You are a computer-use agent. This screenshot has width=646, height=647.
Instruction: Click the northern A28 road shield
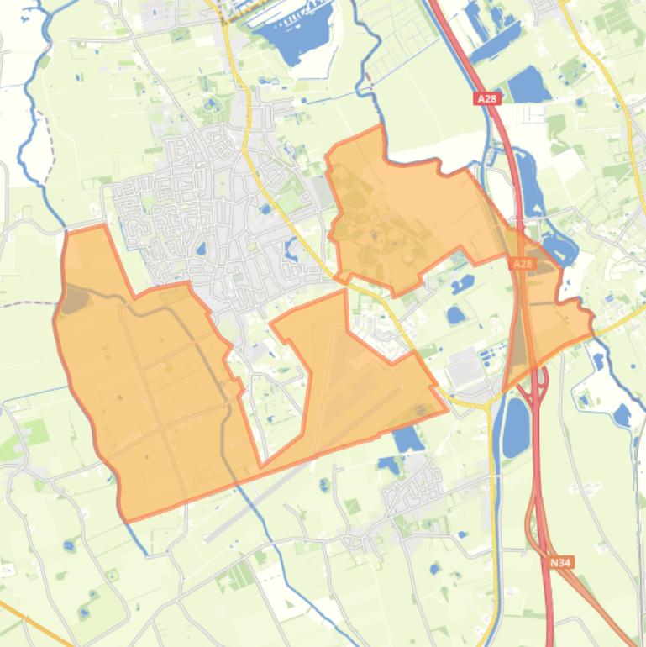click(x=487, y=98)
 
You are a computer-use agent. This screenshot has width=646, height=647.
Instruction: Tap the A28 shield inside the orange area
click(x=523, y=264)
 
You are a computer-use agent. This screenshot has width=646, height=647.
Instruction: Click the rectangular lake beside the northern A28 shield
click(x=527, y=84)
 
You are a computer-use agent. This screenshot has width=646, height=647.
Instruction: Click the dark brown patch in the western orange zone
click(x=73, y=300)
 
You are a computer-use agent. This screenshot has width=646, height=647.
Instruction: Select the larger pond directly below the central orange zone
click(x=408, y=439)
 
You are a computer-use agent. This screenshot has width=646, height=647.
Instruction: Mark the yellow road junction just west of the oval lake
click(x=489, y=403)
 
